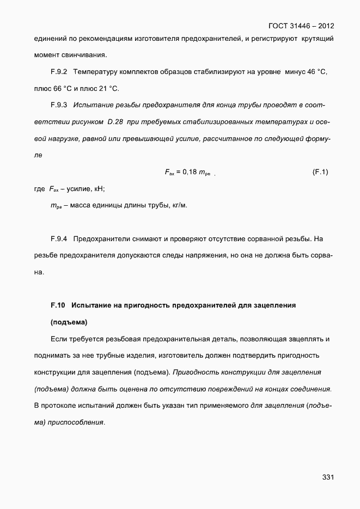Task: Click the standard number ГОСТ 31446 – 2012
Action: pos(301,26)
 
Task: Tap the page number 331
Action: pos(327,477)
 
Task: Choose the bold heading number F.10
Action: pos(58,305)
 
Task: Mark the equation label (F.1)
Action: pos(320,172)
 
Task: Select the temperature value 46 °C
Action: pos(315,72)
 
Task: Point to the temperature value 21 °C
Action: pos(107,89)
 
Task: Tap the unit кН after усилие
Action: pos(99,189)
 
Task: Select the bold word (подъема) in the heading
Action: pos(69,322)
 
